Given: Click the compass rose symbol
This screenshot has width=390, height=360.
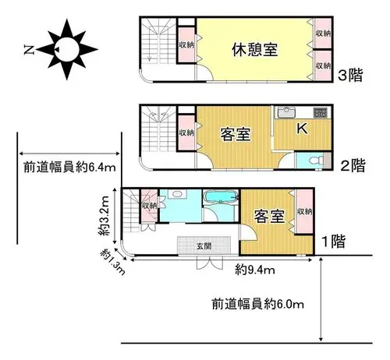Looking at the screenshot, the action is point(67,49).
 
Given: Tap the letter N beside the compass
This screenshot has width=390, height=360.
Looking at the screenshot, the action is point(29,50).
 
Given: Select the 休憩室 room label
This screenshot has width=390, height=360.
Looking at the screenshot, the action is point(254,50).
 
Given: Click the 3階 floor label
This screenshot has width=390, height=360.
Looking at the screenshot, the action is point(350,76).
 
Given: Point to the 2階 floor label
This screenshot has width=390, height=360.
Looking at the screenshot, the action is point(353,165).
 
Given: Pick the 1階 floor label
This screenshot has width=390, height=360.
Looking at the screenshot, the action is point(334,242).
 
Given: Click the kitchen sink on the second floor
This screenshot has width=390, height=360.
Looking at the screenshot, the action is point(286,112).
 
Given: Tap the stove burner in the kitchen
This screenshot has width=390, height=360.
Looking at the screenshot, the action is point(320,112).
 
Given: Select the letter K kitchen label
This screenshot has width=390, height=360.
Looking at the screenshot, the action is point(303,128).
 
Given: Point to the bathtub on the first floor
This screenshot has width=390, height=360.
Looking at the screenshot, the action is point(221,197).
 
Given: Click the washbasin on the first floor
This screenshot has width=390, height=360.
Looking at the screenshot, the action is point(177,194).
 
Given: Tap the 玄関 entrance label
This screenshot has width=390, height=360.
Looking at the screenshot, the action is point(204,245).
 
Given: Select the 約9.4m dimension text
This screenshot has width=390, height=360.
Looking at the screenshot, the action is point(255,270).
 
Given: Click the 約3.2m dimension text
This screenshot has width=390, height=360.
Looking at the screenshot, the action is point(104,216).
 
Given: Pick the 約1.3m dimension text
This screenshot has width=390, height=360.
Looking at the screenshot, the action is point(113,262).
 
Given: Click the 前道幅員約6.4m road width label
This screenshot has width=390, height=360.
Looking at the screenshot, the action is point(69,168).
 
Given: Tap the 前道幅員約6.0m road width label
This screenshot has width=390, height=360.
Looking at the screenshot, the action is point(258,304).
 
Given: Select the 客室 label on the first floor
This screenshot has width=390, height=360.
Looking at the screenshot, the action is point(269,217).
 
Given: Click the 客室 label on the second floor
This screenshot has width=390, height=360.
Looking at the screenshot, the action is point(236,134).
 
